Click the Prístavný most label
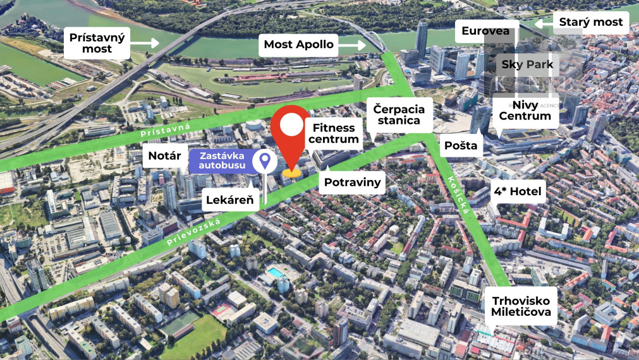(x=97, y=43)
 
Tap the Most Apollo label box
(x=299, y=44)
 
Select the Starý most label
(x=591, y=22)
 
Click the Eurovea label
(x=485, y=31)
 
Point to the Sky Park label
(x=526, y=64)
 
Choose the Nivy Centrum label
(x=524, y=110)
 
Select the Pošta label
(x=460, y=145)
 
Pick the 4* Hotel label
(x=518, y=191)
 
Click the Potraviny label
(x=353, y=183)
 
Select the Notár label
(x=165, y=155)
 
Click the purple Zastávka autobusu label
(x=221, y=161)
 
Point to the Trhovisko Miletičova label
(x=522, y=306)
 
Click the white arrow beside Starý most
(x=542, y=23)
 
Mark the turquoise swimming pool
(x=274, y=273)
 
